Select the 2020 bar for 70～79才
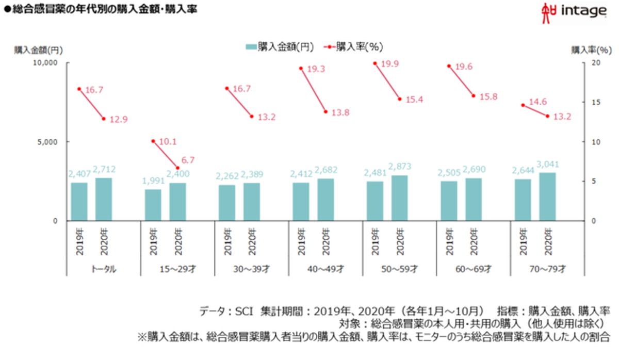[547, 197]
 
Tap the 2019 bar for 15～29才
[153, 205]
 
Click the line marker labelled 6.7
[177, 168]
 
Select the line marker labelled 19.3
[301, 68]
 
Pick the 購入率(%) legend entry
[353, 46]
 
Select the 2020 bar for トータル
[104, 199]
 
